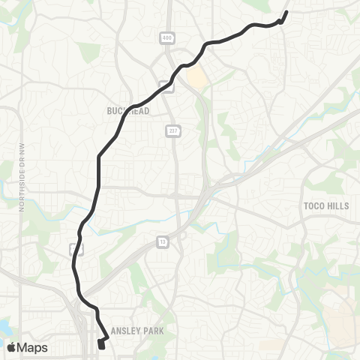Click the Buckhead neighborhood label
pyautogui.click(x=129, y=111)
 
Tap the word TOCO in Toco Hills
pyautogui.click(x=315, y=205)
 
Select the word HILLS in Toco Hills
pyautogui.click(x=337, y=205)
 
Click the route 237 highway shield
pyautogui.click(x=171, y=131)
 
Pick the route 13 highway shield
pyautogui.click(x=162, y=241)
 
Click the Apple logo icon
pyautogui.click(x=11, y=347)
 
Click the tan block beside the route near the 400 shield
pyautogui.click(x=196, y=76)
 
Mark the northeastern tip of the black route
pyautogui.click(x=286, y=12)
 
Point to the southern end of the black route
pyautogui.click(x=101, y=346)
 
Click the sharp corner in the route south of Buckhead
pyautogui.click(x=98, y=157)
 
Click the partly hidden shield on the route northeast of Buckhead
pyautogui.click(x=170, y=86)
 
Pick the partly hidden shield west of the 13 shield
pyautogui.click(x=73, y=247)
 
